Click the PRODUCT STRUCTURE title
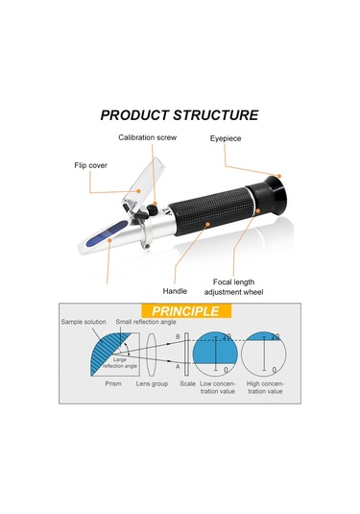pos(180,115)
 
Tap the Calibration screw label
pos(148,137)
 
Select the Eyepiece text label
pos(226,138)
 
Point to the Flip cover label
pos(91,165)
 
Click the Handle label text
pos(175,291)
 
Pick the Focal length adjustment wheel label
pos(233,287)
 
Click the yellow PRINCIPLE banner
pos(186,311)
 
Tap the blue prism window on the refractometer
pos(108,233)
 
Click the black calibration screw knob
pos(152,209)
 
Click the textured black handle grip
pos(212,210)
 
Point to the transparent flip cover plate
pos(142,185)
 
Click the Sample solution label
pos(84,322)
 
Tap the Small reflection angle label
pos(146,322)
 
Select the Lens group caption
pos(152,383)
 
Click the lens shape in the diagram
pos(152,355)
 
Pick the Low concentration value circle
pos(215,354)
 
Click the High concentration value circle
pos(264,354)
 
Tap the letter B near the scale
pos(178,336)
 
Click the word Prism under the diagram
pos(113,383)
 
